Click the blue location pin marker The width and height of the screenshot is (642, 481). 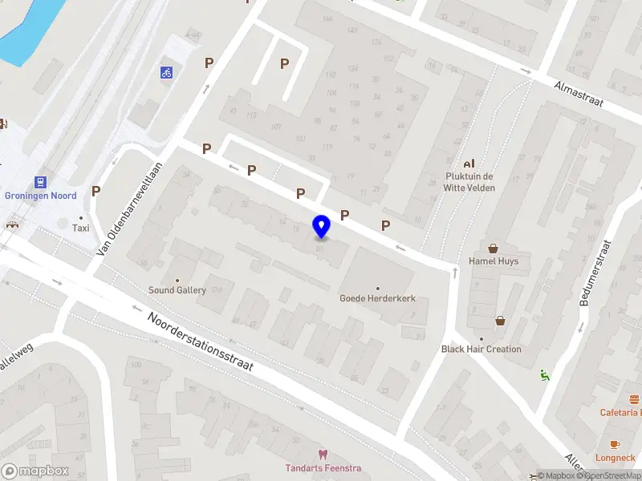pos(322,227)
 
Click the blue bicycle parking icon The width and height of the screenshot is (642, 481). pos(166,72)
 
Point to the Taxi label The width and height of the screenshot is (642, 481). pos(80,228)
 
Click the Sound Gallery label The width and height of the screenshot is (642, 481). pos(177,290)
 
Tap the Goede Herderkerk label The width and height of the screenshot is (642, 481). pos(377,298)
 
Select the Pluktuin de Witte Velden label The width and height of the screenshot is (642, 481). pos(469,182)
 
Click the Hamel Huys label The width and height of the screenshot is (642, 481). pos(494,261)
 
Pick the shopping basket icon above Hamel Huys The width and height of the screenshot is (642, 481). pos(494,248)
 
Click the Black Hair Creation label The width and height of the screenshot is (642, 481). pos(481,350)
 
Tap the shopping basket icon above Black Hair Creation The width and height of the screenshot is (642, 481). pos(501,321)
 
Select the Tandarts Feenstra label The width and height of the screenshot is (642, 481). pos(323,468)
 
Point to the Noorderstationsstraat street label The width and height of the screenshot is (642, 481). pos(201,342)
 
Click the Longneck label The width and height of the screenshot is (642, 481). pos(615,458)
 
